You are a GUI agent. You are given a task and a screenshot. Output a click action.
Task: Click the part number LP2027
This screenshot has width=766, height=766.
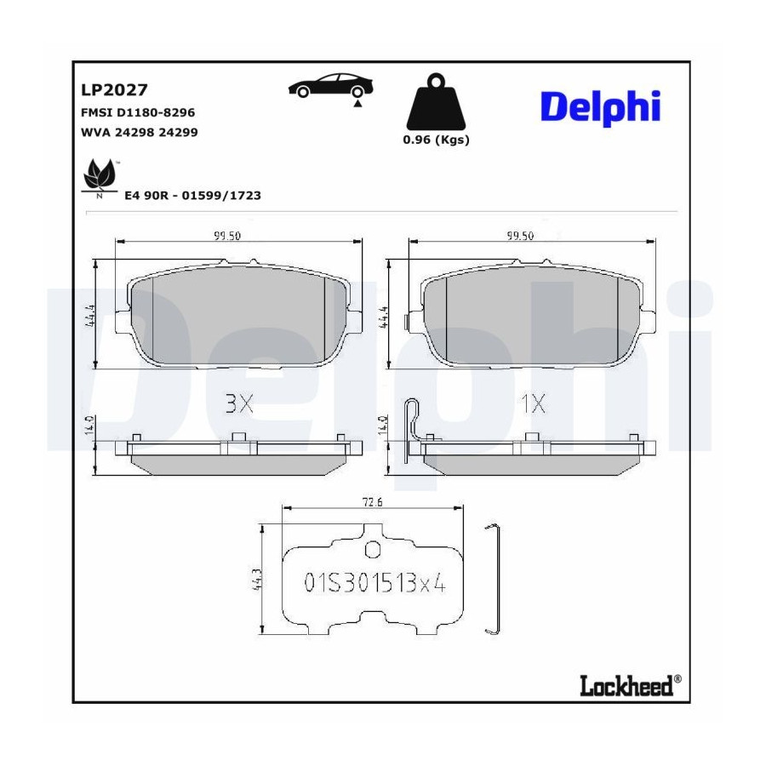pos(114,90)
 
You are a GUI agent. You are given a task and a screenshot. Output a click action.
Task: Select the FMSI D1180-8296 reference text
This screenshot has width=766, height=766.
pos(138,113)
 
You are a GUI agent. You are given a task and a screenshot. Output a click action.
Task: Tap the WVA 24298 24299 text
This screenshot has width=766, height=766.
pos(140,133)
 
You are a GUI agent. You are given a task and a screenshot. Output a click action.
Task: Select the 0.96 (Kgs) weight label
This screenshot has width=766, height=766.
pos(436,140)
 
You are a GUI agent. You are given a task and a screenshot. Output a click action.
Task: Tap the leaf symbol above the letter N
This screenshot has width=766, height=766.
pos(100,174)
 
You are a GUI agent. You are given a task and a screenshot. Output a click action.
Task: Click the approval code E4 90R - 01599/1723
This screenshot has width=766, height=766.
pos(192,196)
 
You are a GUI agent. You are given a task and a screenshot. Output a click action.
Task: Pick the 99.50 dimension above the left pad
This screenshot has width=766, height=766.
pos(226,236)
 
